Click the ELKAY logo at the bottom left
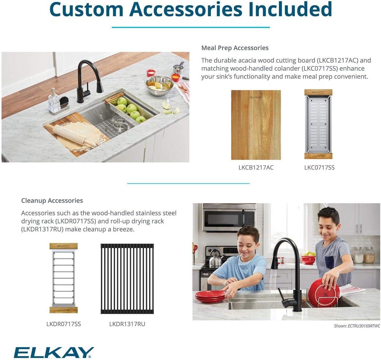(53, 352)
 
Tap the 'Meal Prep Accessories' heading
(235, 48)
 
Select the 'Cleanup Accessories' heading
(52, 201)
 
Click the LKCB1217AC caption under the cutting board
(256, 168)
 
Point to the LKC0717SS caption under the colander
(319, 168)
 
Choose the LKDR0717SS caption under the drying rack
(63, 324)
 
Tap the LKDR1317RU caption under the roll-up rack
(127, 324)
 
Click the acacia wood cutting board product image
(256, 125)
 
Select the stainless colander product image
(319, 125)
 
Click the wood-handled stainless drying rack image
(63, 278)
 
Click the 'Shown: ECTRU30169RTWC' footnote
(357, 326)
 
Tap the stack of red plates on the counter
(210, 296)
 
